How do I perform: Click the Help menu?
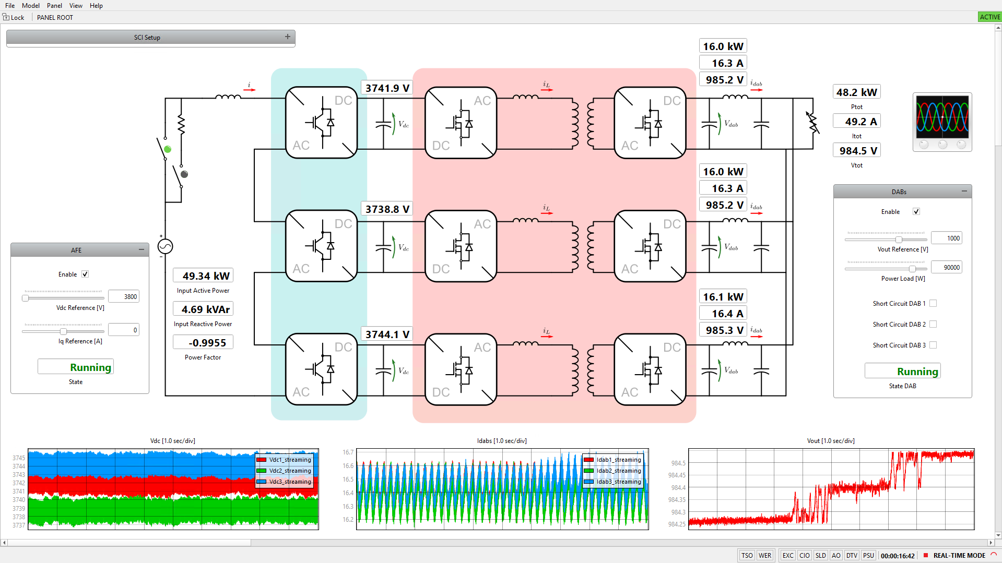96,6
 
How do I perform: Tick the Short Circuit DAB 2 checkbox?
933,324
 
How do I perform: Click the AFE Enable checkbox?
85,274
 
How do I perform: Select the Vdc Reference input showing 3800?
124,297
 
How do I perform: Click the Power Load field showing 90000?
946,268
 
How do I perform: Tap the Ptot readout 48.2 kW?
856,92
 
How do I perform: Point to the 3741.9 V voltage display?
387,88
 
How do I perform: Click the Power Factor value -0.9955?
203,343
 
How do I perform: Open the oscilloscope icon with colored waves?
942,123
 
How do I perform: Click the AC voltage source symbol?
165,246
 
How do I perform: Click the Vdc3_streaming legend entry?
284,482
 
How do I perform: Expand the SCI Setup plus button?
287,37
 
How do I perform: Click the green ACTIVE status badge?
989,17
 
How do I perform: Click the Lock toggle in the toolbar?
14,17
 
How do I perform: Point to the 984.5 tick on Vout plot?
678,463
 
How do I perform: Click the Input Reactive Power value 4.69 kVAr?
203,309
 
